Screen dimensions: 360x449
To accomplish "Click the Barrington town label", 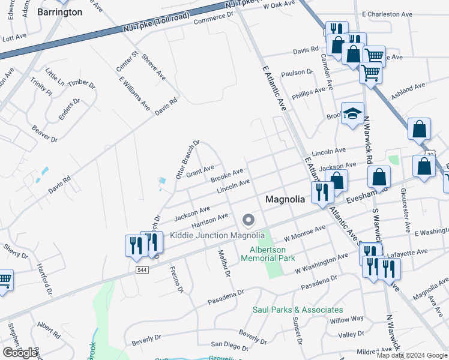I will (59, 11).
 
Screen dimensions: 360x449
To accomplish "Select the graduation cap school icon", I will (352, 113).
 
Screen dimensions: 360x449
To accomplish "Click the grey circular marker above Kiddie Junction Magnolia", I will (248, 221).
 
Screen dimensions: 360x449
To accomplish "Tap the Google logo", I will (20, 353).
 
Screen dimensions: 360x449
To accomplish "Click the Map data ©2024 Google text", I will (412, 355).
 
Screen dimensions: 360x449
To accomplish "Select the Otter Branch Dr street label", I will (187, 160).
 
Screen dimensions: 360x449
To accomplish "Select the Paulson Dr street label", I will (301, 73).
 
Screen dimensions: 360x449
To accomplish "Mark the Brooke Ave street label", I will (226, 176).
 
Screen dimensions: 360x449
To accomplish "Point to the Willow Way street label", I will (346, 319).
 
